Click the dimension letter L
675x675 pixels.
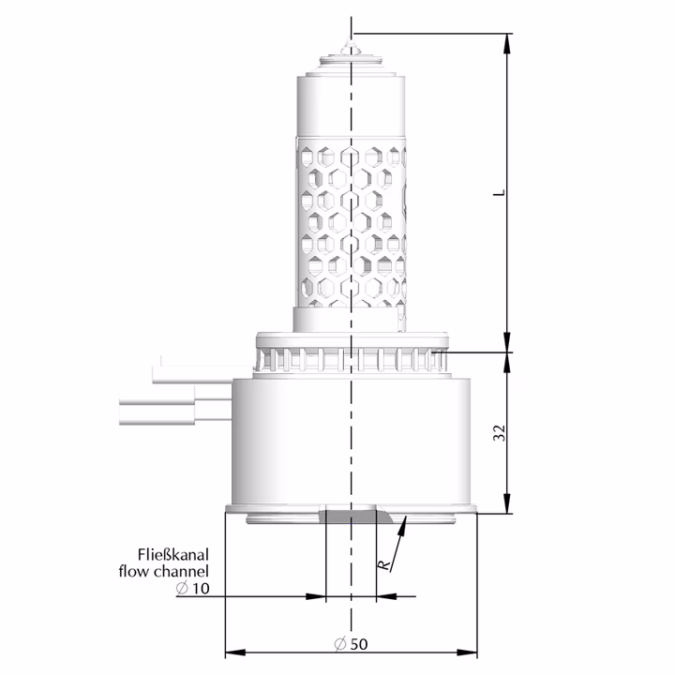tap(500, 192)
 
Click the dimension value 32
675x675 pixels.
tap(500, 432)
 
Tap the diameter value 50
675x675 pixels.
tap(359, 644)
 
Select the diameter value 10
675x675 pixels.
tap(201, 588)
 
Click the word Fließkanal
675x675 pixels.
tap(173, 554)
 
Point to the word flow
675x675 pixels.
tap(134, 571)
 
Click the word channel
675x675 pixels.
tap(181, 571)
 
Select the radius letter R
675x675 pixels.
tap(383, 565)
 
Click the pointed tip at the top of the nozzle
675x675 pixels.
tap(348, 38)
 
